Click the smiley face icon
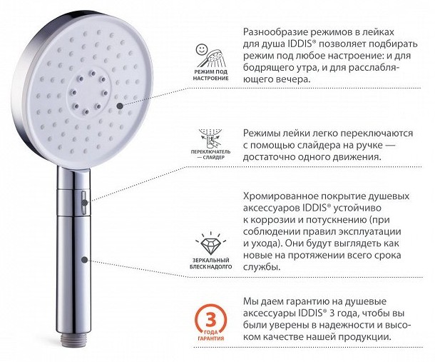pyautogui.click(x=201, y=50)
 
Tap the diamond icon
pyautogui.click(x=210, y=245)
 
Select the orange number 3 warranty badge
pyautogui.click(x=211, y=322)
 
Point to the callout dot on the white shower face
pyautogui.click(x=120, y=106)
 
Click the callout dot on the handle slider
pyautogui.click(x=85, y=203)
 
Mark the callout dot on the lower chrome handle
pyautogui.click(x=85, y=260)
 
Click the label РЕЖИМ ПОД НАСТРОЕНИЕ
pyautogui.click(x=211, y=75)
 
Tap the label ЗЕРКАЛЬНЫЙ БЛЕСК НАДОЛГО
pyautogui.click(x=211, y=263)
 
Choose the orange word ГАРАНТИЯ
pyautogui.click(x=211, y=338)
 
